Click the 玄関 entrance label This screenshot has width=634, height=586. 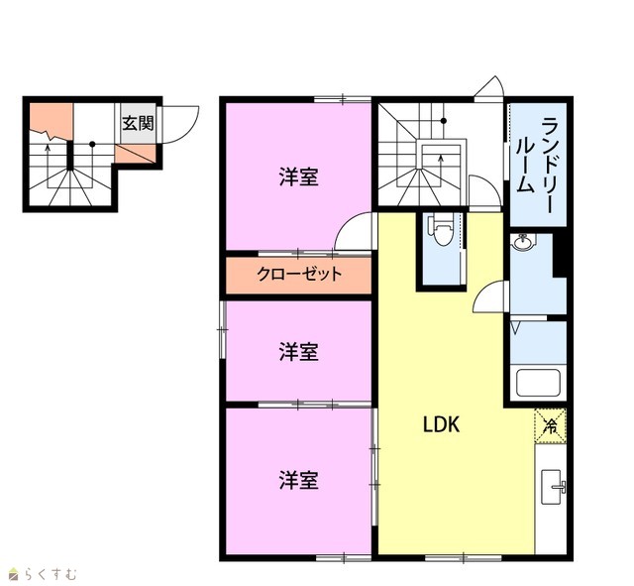138,123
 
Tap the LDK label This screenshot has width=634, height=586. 441,425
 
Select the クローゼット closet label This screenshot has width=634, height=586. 299,275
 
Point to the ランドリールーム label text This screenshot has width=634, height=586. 535,165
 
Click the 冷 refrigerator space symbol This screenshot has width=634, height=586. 551,426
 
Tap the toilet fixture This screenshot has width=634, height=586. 443,231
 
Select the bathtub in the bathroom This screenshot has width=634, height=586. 538,383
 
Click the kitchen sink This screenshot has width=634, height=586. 553,487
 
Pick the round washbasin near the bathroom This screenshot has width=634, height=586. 523,242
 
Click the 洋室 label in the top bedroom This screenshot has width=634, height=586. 299,176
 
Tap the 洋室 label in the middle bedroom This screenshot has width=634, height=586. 299,351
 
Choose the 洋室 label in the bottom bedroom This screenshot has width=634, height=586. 299,480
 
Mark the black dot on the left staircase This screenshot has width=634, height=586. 92,144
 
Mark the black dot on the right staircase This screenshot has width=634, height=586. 444,121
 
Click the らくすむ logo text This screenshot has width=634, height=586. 50,574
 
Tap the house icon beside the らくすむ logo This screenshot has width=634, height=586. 15,573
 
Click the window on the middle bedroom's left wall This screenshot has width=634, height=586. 222,329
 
